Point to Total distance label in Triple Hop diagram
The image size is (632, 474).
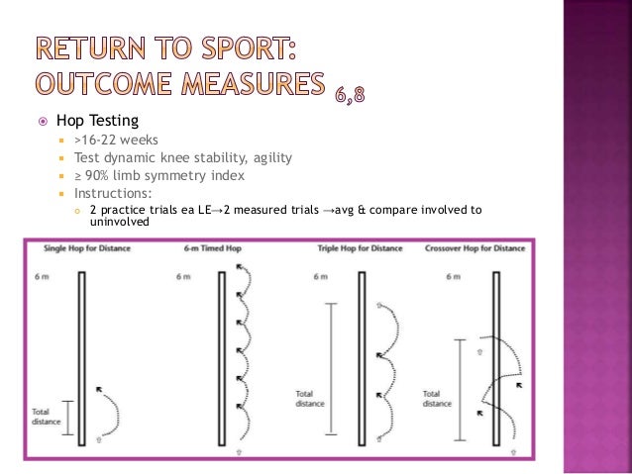click(x=306, y=398)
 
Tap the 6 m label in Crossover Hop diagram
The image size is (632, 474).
click(x=454, y=276)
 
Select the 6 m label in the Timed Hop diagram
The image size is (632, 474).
click(x=181, y=276)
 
